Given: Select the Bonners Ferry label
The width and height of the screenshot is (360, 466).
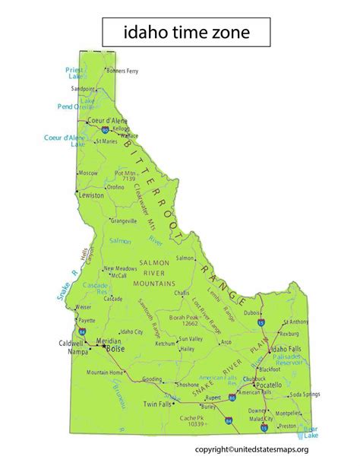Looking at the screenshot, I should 128,70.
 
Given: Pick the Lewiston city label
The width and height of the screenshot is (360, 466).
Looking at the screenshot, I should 92,195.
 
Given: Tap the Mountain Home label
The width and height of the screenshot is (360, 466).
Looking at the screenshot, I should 104,372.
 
